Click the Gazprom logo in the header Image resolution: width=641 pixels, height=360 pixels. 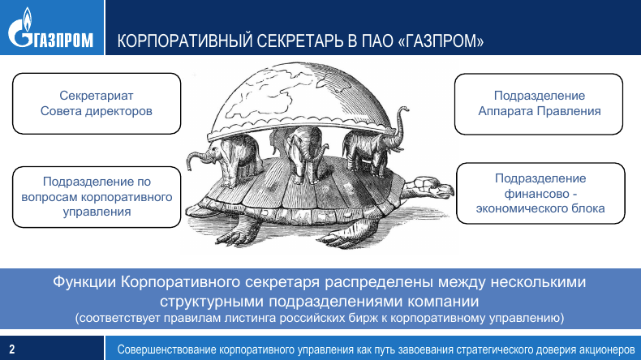[x=50, y=28]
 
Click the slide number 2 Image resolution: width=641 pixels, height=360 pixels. [x=12, y=349]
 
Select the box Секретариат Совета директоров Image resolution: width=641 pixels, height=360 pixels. [x=97, y=104]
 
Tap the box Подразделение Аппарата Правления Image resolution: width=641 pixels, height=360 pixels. [x=539, y=104]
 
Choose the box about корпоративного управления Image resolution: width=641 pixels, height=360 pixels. [x=97, y=196]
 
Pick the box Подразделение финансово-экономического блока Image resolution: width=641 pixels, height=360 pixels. [x=540, y=193]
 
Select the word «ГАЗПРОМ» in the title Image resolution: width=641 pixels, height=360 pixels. [x=441, y=41]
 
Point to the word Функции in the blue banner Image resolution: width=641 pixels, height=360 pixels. [x=84, y=282]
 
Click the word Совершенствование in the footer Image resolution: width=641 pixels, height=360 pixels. [x=166, y=349]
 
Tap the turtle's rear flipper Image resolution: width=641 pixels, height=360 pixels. [x=237, y=232]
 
